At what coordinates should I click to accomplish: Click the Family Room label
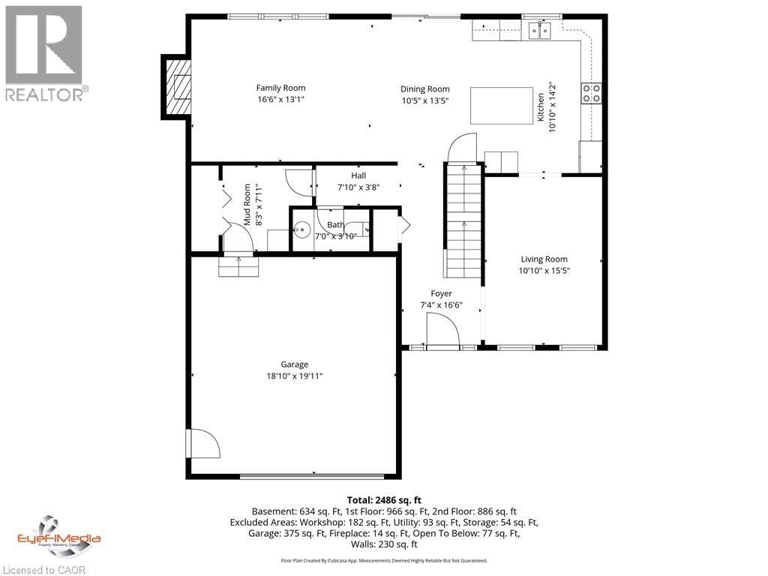(x=280, y=88)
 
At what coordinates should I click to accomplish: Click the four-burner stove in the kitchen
(x=591, y=93)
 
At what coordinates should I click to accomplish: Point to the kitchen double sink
(x=539, y=30)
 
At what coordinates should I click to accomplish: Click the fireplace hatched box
(x=178, y=87)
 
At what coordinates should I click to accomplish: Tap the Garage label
(x=294, y=364)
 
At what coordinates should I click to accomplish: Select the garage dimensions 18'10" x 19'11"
(x=294, y=376)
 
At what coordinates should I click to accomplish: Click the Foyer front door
(x=442, y=331)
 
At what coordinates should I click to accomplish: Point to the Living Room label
(x=544, y=259)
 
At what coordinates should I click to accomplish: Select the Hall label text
(x=358, y=175)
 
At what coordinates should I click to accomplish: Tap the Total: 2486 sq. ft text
(x=384, y=499)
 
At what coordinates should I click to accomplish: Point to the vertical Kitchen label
(x=540, y=108)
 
